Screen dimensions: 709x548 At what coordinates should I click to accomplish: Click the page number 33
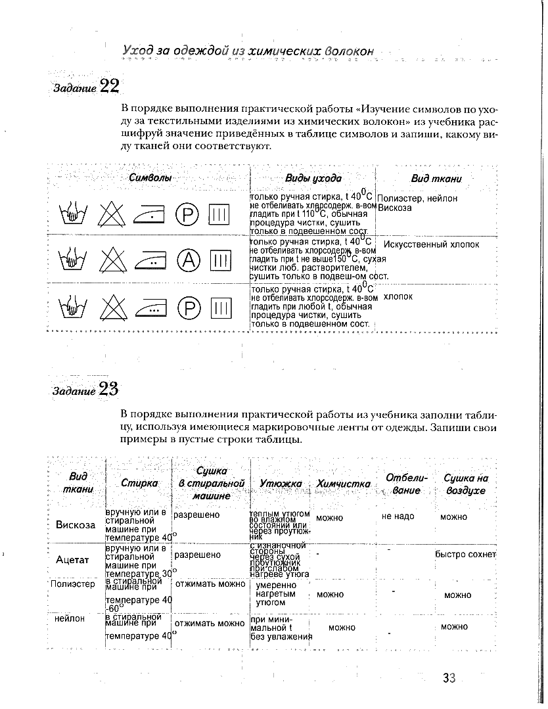449,678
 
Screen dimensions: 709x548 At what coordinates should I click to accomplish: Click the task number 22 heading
85,86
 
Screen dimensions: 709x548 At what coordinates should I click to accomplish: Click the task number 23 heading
86,390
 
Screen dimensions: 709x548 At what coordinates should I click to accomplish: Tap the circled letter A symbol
188,260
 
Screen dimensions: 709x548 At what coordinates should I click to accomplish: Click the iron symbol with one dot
150,213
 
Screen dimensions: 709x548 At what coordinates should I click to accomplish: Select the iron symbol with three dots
150,306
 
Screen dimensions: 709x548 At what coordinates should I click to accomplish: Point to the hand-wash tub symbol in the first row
74,213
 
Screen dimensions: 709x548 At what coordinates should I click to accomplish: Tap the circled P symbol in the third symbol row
188,306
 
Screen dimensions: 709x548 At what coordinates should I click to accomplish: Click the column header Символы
150,178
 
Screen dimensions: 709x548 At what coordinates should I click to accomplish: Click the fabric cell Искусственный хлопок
431,244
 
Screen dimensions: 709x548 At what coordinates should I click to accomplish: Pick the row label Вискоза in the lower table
76,524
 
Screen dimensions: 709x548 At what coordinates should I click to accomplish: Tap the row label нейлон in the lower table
70,618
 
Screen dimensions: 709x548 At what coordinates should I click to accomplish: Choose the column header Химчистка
343,484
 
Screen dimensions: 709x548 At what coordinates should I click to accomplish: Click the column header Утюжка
281,484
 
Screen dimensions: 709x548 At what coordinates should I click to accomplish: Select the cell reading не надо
398,516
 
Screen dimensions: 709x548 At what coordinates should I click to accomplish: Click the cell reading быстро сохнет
465,554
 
